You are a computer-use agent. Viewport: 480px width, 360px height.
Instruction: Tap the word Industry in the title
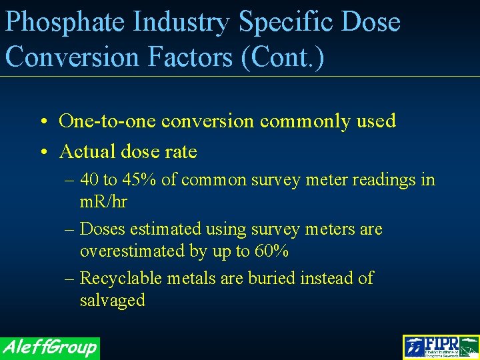coord(181,23)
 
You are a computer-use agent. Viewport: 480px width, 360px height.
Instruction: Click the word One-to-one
coord(108,121)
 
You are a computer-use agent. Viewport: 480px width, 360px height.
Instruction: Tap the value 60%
coord(272,251)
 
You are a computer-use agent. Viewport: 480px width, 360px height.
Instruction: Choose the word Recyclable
coord(122,278)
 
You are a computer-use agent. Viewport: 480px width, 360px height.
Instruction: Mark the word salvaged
coord(112,300)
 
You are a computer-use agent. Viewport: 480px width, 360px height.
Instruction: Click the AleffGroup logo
coord(49,347)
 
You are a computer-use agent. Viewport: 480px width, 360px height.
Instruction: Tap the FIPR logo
coord(441,347)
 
